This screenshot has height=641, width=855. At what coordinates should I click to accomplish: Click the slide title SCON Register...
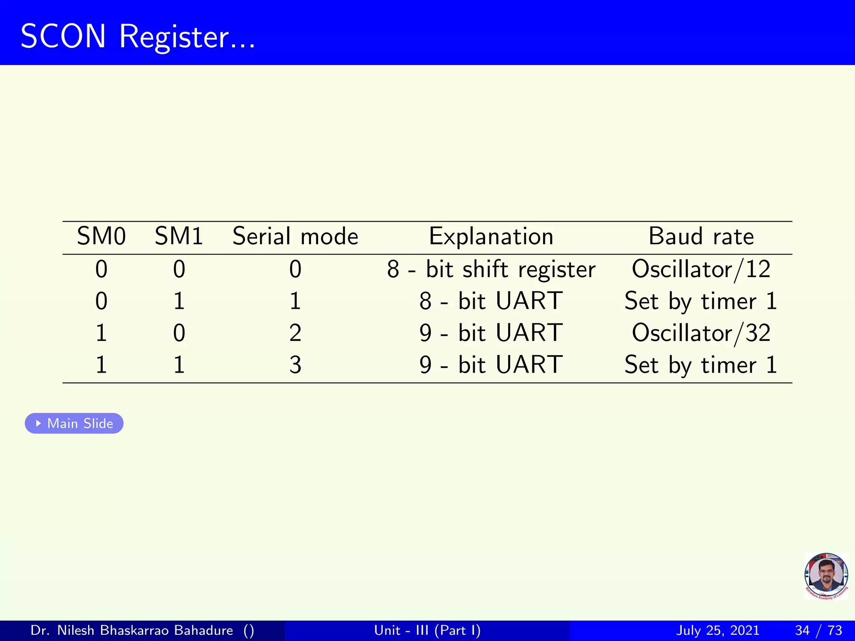click(x=138, y=37)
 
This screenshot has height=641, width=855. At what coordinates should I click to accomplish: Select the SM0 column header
click(x=101, y=237)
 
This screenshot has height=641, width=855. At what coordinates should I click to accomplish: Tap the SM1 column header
click(x=179, y=237)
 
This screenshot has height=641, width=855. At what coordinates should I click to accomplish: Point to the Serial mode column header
click(x=295, y=237)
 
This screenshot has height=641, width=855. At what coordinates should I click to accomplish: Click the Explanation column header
click(x=491, y=237)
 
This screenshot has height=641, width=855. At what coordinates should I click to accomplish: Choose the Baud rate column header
click(x=701, y=237)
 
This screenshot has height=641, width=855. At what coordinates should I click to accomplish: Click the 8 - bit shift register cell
click(x=491, y=269)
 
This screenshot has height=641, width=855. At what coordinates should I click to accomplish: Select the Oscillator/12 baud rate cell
click(x=701, y=269)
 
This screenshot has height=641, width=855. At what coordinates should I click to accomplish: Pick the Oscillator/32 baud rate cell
click(x=701, y=333)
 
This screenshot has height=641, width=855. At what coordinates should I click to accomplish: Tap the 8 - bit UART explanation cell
click(x=491, y=301)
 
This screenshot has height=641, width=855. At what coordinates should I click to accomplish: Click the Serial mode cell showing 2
click(x=295, y=333)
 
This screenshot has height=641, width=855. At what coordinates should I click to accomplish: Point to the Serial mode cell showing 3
click(x=295, y=365)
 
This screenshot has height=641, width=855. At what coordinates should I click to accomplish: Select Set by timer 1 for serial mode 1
click(x=701, y=301)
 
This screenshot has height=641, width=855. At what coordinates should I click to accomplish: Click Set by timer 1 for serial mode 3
click(x=701, y=365)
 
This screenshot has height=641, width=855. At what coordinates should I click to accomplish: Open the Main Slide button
click(x=74, y=423)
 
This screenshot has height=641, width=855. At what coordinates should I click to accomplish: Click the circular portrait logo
click(x=826, y=576)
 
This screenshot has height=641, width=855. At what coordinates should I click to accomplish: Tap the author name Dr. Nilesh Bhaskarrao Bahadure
click(x=132, y=630)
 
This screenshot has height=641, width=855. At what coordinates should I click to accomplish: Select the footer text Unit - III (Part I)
click(x=427, y=630)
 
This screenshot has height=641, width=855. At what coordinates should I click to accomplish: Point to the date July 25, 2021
click(x=717, y=630)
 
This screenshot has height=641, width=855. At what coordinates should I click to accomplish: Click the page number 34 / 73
click(x=818, y=630)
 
